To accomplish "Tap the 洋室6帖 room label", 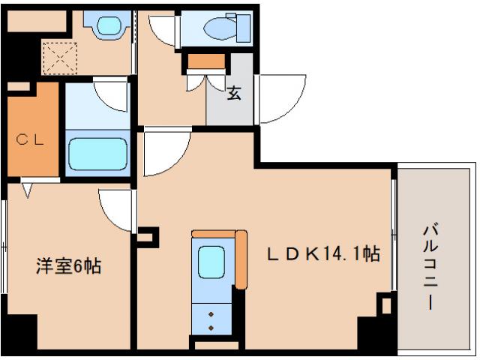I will [x=69, y=265].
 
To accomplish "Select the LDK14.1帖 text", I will [x=322, y=254].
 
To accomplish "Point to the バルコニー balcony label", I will [x=430, y=266].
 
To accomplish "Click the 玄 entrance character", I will [x=234, y=94].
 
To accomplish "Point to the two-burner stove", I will [x=211, y=320].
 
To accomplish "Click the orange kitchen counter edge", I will [x=241, y=259].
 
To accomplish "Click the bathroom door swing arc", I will [x=112, y=95].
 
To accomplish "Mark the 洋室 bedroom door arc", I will [x=116, y=208].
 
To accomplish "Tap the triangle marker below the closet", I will [x=28, y=188].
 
